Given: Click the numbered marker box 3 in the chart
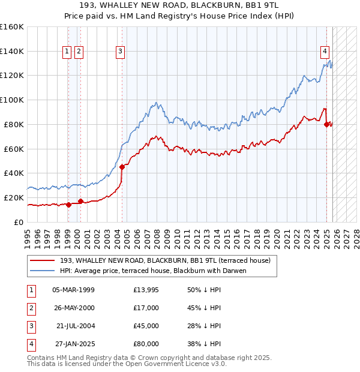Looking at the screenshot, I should [121, 52].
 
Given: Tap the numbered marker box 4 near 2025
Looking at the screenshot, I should [325, 52].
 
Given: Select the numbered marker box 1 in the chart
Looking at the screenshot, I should [67, 52].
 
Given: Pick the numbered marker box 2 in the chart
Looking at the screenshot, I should [79, 52].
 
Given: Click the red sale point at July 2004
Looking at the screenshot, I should [122, 167].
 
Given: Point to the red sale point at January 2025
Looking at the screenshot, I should [327, 124].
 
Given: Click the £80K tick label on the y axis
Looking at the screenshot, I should [12, 124].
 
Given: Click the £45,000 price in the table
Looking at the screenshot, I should [146, 326].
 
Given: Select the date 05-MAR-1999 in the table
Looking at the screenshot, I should [73, 290].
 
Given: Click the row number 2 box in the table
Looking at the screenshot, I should [31, 308].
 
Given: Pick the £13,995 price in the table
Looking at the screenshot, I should [146, 290].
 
